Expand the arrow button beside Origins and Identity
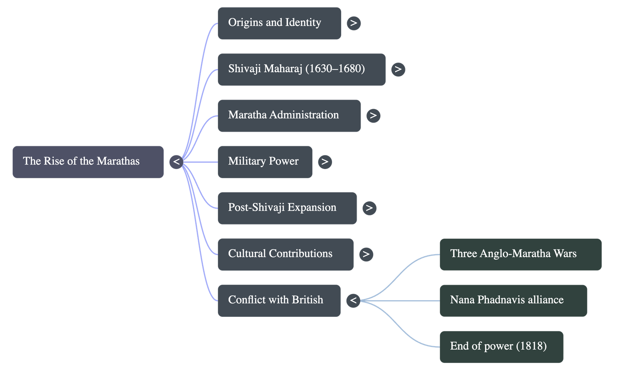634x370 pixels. click(x=353, y=23)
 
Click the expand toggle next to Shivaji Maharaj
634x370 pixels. click(x=398, y=69)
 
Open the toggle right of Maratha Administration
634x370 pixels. click(x=373, y=115)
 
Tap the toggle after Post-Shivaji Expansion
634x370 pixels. click(x=369, y=208)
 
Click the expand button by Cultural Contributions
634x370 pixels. click(x=366, y=254)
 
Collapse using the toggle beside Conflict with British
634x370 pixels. click(x=353, y=300)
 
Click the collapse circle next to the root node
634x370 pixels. click(x=176, y=162)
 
